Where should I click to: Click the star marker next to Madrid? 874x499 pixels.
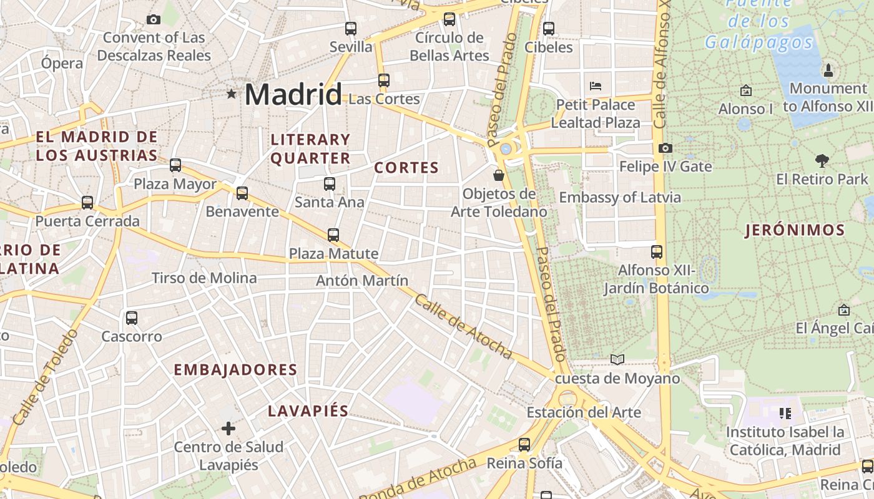tap(232, 94)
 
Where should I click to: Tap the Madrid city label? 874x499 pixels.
tap(293, 94)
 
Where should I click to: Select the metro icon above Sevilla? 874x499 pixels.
tap(351, 28)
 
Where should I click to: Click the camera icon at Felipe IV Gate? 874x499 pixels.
tap(665, 148)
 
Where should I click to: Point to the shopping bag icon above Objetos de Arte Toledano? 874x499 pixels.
tap(498, 175)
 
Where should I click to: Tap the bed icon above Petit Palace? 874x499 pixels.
tap(596, 85)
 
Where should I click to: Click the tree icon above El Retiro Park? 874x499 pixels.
tap(822, 160)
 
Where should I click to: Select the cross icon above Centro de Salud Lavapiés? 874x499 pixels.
tap(228, 428)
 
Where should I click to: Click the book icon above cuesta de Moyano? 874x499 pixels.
tap(617, 359)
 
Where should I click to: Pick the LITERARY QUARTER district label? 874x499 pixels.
tap(310, 148)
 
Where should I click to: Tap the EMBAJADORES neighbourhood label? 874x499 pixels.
tap(235, 370)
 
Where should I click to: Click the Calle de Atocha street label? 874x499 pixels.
tap(463, 327)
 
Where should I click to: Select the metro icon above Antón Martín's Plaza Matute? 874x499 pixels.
tap(333, 235)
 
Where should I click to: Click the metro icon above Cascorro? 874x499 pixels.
tap(132, 318)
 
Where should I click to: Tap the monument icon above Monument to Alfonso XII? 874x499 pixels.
tap(828, 70)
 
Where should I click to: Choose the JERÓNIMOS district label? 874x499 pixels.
tap(795, 230)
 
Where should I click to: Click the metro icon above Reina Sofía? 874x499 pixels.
tap(524, 445)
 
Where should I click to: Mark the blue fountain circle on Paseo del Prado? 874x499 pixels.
tap(506, 149)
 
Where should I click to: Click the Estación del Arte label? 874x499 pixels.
tap(584, 412)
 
